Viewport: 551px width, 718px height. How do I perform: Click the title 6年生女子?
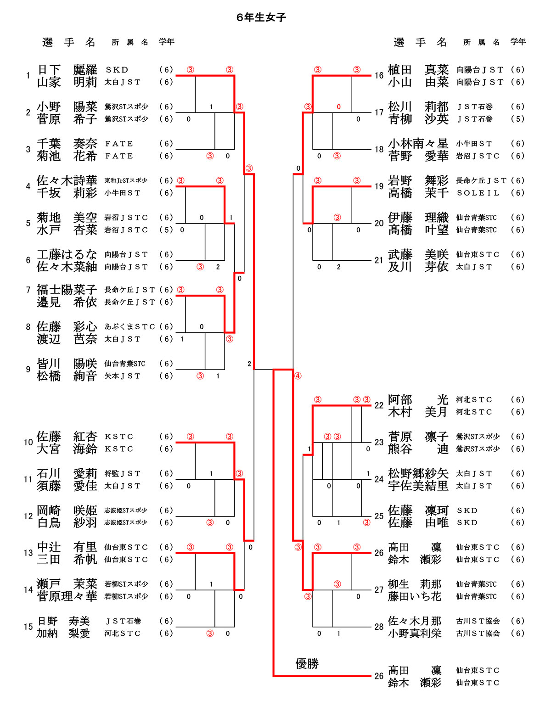pos(261,17)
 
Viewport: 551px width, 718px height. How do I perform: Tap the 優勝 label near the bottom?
pos(307,663)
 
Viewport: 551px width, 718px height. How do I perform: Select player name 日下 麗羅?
pos(67,70)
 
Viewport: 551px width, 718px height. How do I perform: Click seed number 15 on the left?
pos(28,627)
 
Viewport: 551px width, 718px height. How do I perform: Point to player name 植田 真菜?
pos(418,70)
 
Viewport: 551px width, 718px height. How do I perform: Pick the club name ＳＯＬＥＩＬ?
pos(478,193)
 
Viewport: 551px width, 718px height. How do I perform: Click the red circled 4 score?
pos(298,376)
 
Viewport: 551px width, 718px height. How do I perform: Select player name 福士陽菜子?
pos(67,290)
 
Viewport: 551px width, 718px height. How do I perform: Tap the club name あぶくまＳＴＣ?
pos(129,326)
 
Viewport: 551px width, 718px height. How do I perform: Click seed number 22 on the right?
pos(379,405)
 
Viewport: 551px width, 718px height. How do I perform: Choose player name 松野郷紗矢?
pos(418,473)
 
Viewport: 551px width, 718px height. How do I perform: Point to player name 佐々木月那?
pos(415,621)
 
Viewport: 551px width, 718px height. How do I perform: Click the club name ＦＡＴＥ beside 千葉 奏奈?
pos(119,144)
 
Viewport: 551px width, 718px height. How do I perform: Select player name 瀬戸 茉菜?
pos(67,584)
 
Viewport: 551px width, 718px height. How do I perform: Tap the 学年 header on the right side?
pos(518,42)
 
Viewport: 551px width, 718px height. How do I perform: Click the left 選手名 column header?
pos(69,42)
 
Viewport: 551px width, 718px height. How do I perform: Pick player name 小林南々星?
pos(418,144)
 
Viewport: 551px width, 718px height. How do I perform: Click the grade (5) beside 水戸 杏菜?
pos(166,230)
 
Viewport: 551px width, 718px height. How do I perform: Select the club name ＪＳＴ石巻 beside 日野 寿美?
pos(123,621)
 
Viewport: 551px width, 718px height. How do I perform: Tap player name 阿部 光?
pos(418,400)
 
